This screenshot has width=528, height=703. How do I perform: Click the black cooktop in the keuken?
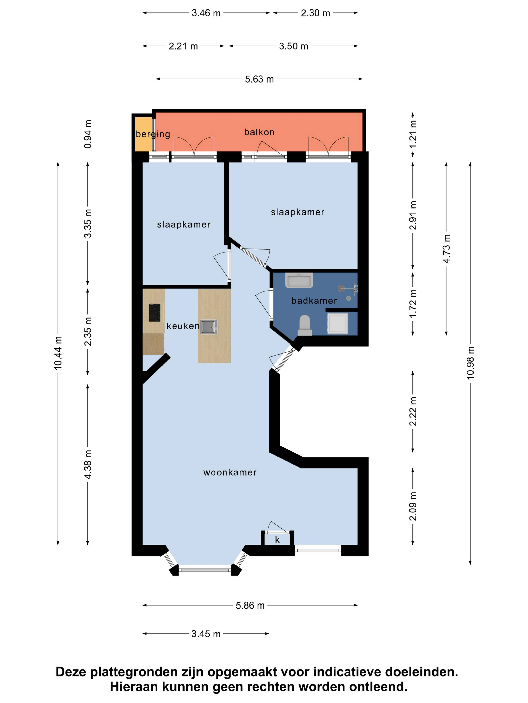pos(155,312)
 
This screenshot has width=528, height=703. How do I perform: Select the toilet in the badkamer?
pos(305,325)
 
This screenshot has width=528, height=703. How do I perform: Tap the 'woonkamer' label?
pos(230,472)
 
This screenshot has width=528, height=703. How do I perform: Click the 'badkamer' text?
pos(314,301)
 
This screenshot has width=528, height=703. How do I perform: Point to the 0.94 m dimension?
pos(88,134)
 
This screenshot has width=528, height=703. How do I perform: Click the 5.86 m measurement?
pos(250,605)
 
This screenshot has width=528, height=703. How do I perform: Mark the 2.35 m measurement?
pos(88,331)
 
